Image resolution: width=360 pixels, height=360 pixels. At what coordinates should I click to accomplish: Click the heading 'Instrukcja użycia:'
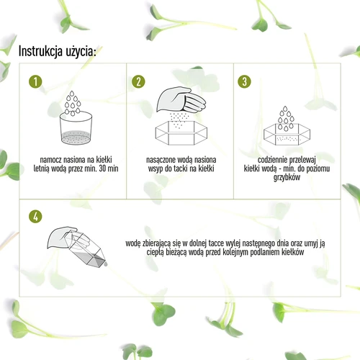click(61, 51)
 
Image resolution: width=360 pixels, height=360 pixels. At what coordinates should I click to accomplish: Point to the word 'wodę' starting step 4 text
click(134, 244)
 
